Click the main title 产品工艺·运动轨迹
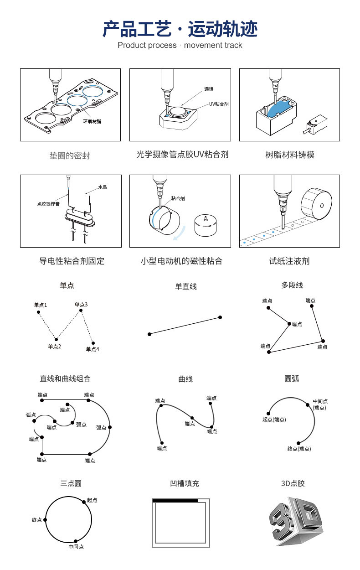180,29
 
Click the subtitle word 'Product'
134,45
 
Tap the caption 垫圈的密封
70,155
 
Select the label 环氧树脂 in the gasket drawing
92,122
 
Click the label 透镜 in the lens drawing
209,89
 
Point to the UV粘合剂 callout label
219,104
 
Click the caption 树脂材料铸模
290,155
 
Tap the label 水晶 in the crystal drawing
103,187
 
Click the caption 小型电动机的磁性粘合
181,261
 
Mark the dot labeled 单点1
39,312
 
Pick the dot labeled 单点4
93,343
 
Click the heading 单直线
186,286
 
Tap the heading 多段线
292,285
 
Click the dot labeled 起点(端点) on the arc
269,413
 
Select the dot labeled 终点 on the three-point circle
45,519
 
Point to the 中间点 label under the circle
76,546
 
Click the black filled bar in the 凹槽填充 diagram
175,501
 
